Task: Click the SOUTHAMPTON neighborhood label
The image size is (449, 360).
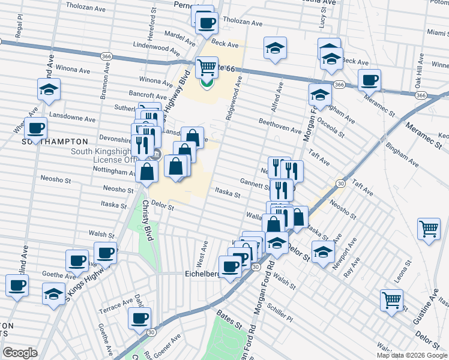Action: [55, 142]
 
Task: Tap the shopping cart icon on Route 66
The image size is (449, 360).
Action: [206, 67]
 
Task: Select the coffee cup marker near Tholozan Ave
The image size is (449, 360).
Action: [207, 23]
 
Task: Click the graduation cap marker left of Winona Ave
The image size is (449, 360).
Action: [48, 90]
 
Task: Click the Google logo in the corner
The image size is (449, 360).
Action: [20, 353]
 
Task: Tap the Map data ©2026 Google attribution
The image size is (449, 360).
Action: [412, 355]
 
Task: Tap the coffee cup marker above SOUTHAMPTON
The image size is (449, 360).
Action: [36, 128]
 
